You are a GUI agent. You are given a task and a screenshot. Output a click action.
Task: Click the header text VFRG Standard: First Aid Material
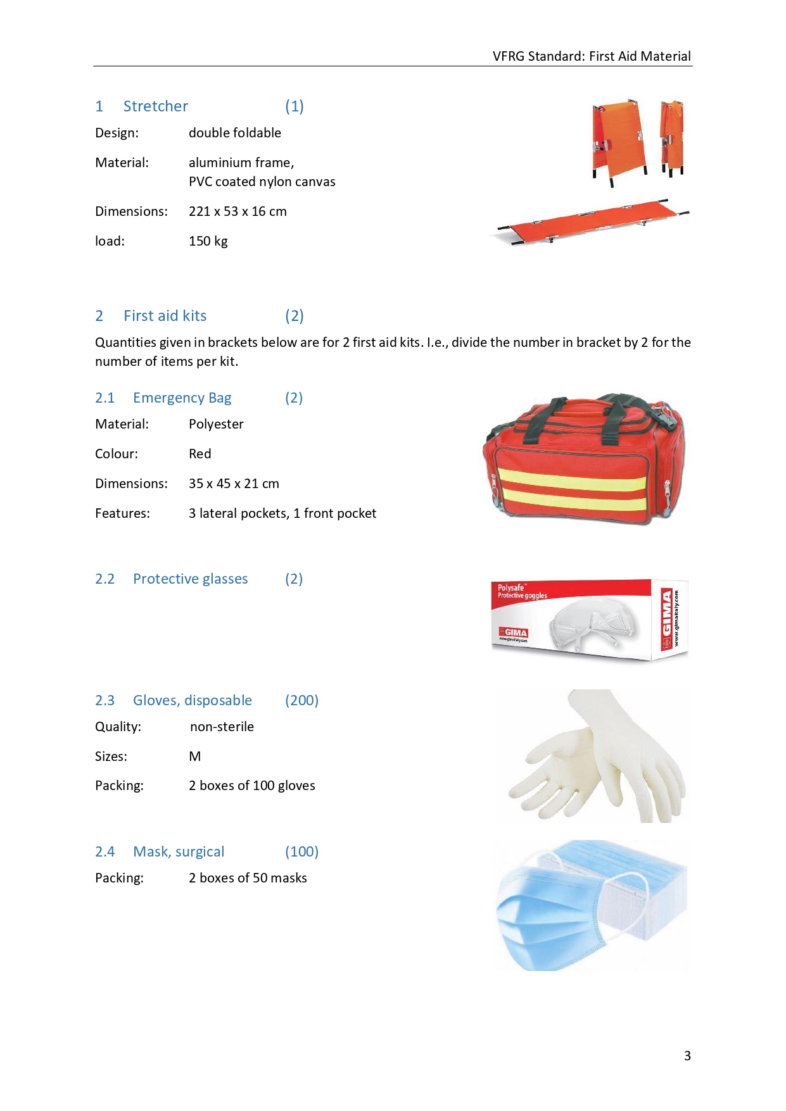(x=591, y=56)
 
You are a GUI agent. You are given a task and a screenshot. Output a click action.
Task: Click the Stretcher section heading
(x=155, y=106)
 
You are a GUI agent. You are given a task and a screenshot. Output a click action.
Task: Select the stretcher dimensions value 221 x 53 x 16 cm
(x=238, y=211)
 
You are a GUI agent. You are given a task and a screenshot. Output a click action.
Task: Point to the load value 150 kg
(x=208, y=241)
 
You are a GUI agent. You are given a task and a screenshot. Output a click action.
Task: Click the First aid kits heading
(x=165, y=316)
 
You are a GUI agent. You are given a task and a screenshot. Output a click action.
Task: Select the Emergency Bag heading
(x=182, y=398)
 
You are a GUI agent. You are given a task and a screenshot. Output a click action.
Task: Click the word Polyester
(x=216, y=424)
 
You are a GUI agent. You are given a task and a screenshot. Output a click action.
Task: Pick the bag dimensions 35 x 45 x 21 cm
(x=234, y=484)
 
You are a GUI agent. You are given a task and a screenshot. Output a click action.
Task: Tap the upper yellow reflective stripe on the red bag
(x=570, y=479)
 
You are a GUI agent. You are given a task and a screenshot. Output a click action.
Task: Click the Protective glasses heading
(x=190, y=579)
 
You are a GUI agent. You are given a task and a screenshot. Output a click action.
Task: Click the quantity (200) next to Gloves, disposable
(x=301, y=701)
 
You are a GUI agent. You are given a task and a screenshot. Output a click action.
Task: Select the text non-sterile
(x=222, y=727)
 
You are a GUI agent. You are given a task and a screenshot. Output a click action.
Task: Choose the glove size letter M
(x=195, y=756)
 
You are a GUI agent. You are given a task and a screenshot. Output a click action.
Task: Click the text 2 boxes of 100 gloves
(x=251, y=786)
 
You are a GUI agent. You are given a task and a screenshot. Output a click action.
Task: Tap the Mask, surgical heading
(x=179, y=852)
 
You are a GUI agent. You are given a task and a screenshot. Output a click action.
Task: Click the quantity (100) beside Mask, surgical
(x=301, y=852)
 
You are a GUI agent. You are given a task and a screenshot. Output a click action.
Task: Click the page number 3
(x=687, y=1055)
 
